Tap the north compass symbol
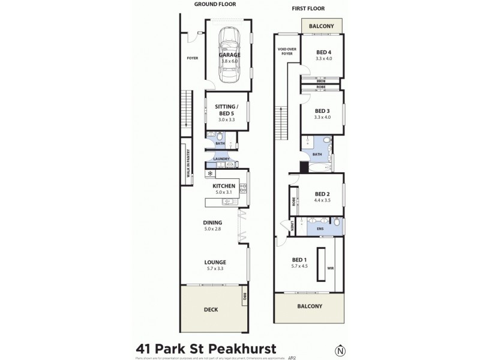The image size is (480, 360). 341,350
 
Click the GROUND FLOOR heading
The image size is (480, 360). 214,5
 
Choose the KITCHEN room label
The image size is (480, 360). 224,187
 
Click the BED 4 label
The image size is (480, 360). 324,52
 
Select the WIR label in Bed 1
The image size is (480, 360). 330,268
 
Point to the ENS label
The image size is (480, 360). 320,229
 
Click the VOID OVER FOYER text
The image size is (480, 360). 286,51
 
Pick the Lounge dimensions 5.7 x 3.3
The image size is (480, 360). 214,269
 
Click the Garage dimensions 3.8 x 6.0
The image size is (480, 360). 230,61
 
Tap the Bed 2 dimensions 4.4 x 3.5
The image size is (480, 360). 323,200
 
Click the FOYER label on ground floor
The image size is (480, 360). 193,58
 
